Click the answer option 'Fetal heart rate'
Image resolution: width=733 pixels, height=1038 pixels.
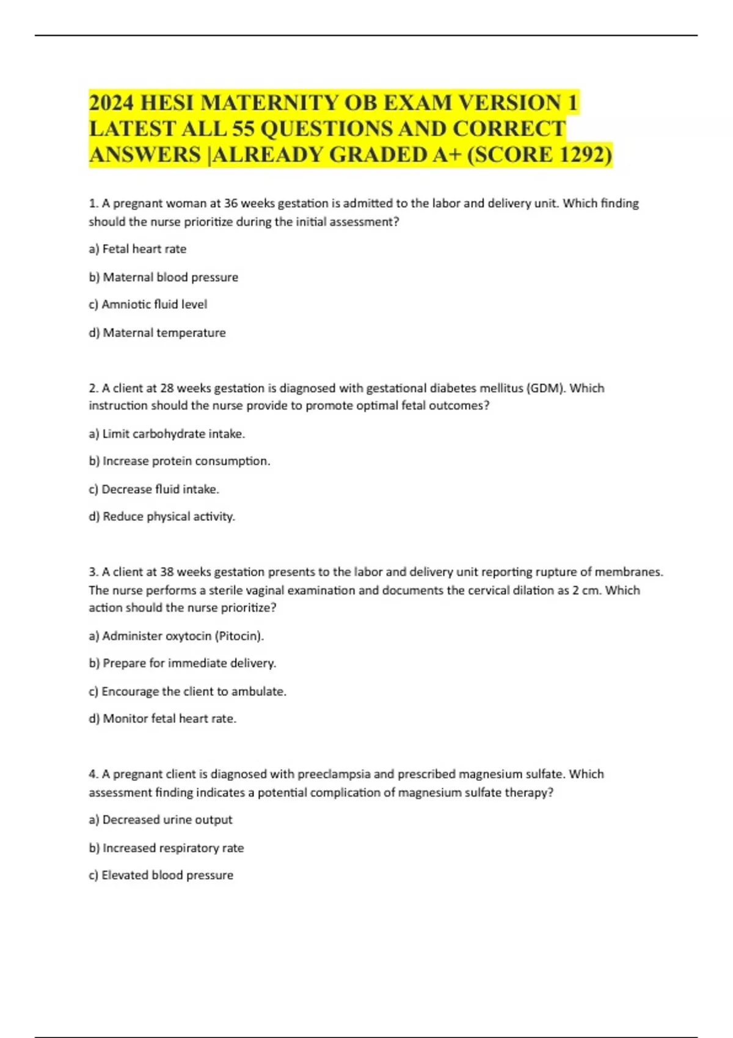pyautogui.click(x=137, y=249)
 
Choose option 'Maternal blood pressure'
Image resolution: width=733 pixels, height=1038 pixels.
pyautogui.click(x=163, y=277)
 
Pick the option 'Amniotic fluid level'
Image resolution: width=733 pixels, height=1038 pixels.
pyautogui.click(x=148, y=305)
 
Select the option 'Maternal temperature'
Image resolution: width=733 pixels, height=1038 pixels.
pyautogui.click(x=157, y=333)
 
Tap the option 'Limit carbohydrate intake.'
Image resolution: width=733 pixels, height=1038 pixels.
pyautogui.click(x=167, y=434)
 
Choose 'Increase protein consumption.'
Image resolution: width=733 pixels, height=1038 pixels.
pyautogui.click(x=180, y=461)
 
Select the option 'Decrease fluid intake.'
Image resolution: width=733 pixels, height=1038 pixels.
pyautogui.click(x=154, y=489)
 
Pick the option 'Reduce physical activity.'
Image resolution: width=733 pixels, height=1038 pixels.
pyautogui.click(x=162, y=517)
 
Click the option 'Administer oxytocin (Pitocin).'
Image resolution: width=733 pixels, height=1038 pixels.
pyautogui.click(x=177, y=636)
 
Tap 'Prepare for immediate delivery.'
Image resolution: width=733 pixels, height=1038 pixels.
pyautogui.click(x=183, y=663)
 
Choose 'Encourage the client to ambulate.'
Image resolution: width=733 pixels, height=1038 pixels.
pyautogui.click(x=188, y=691)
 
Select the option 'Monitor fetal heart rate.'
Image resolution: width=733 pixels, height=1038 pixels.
pyautogui.click(x=162, y=719)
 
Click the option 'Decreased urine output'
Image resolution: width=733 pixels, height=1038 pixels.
pyautogui.click(x=161, y=820)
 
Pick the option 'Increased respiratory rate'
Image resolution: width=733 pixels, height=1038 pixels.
pyautogui.click(x=166, y=848)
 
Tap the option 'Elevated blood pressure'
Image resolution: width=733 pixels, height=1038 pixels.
pyautogui.click(x=161, y=876)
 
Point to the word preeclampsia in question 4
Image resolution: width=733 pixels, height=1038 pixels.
pyautogui.click(x=334, y=774)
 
